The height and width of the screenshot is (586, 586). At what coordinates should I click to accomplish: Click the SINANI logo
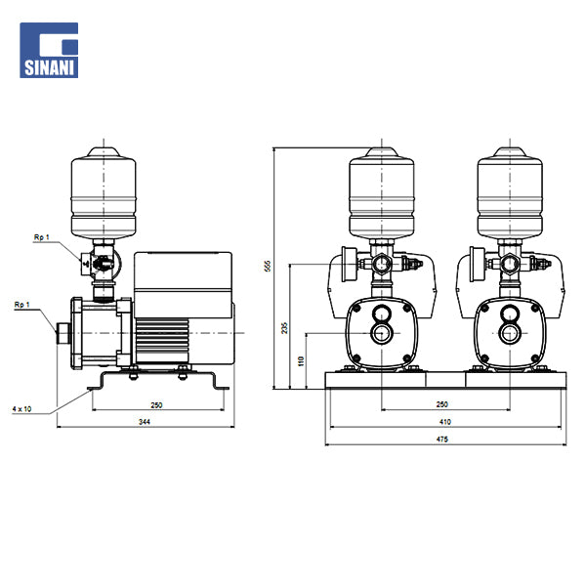pos(49,50)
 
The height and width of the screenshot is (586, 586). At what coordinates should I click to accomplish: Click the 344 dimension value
pos(145,422)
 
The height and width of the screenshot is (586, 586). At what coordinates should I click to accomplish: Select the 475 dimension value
pos(442,439)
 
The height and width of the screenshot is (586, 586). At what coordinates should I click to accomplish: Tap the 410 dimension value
pos(445,422)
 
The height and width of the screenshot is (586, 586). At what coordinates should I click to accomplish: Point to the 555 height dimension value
pos(268,266)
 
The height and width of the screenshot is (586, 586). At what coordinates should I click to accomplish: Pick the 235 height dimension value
pos(285,328)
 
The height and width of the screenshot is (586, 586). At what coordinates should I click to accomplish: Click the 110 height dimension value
pos(301,361)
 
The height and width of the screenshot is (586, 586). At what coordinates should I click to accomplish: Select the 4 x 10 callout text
pos(21,409)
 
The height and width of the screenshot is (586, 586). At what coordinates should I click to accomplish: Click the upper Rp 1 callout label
pos(41,237)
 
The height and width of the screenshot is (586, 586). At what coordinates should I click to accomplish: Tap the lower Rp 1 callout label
pos(21,305)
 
